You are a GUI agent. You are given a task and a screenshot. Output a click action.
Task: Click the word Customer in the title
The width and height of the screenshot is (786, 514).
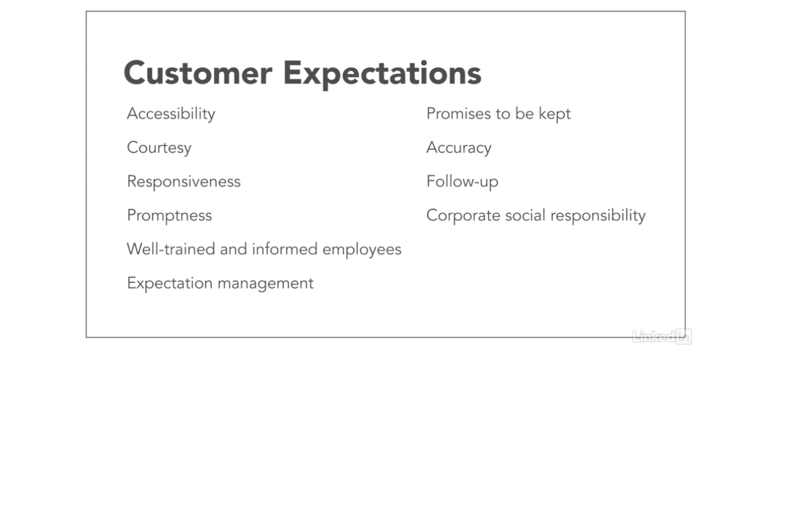(x=198, y=73)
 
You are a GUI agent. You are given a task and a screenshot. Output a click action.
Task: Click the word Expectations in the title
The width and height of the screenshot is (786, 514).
(x=383, y=75)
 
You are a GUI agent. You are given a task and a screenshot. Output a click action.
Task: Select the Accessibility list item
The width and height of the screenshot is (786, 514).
(x=171, y=114)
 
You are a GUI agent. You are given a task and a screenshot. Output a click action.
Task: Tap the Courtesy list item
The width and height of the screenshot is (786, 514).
(x=159, y=148)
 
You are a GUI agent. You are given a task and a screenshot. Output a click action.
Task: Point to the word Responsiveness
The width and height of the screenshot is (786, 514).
(x=184, y=182)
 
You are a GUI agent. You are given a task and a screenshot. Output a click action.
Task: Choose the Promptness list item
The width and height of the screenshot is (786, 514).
(x=170, y=215)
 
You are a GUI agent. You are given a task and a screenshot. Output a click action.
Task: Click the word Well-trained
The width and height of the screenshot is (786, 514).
(x=171, y=249)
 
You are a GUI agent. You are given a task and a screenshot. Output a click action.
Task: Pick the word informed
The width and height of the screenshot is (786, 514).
(x=285, y=249)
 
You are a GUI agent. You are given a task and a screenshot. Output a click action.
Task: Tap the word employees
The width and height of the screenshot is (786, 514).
(x=362, y=250)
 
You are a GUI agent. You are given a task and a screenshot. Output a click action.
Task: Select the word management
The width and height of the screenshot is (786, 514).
(x=265, y=284)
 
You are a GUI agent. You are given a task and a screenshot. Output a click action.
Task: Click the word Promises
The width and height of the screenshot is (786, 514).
(x=458, y=113)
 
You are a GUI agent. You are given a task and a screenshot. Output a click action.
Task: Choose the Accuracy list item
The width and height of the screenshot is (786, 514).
(x=459, y=148)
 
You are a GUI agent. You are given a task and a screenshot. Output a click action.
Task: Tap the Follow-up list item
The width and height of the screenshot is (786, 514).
(x=462, y=182)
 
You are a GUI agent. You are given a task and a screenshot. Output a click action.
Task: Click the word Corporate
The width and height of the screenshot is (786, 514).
(x=463, y=215)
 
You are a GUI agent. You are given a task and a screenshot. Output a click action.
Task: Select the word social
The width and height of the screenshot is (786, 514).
(x=525, y=215)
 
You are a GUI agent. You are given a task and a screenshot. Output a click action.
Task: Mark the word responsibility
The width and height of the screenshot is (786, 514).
(x=598, y=215)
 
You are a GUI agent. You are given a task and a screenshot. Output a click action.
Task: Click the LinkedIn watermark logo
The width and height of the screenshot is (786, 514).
(x=662, y=337)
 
